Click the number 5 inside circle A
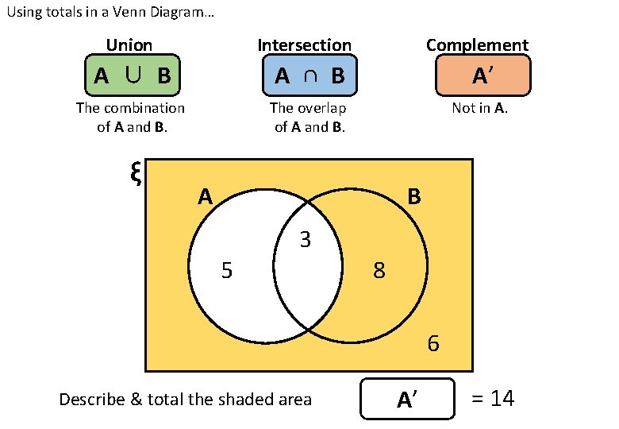(227, 272)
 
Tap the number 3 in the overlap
(305, 239)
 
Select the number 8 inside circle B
(379, 272)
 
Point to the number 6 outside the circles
(433, 344)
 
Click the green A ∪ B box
(133, 75)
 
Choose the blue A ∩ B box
(309, 75)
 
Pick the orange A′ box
(483, 75)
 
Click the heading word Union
(129, 45)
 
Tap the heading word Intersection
(304, 45)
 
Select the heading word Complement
(477, 45)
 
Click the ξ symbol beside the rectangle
(135, 172)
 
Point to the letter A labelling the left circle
(206, 196)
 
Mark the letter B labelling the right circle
(414, 196)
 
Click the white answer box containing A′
(408, 399)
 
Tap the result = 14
(493, 399)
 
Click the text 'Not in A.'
(479, 108)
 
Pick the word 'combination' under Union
(145, 108)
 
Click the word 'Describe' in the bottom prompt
(89, 400)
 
